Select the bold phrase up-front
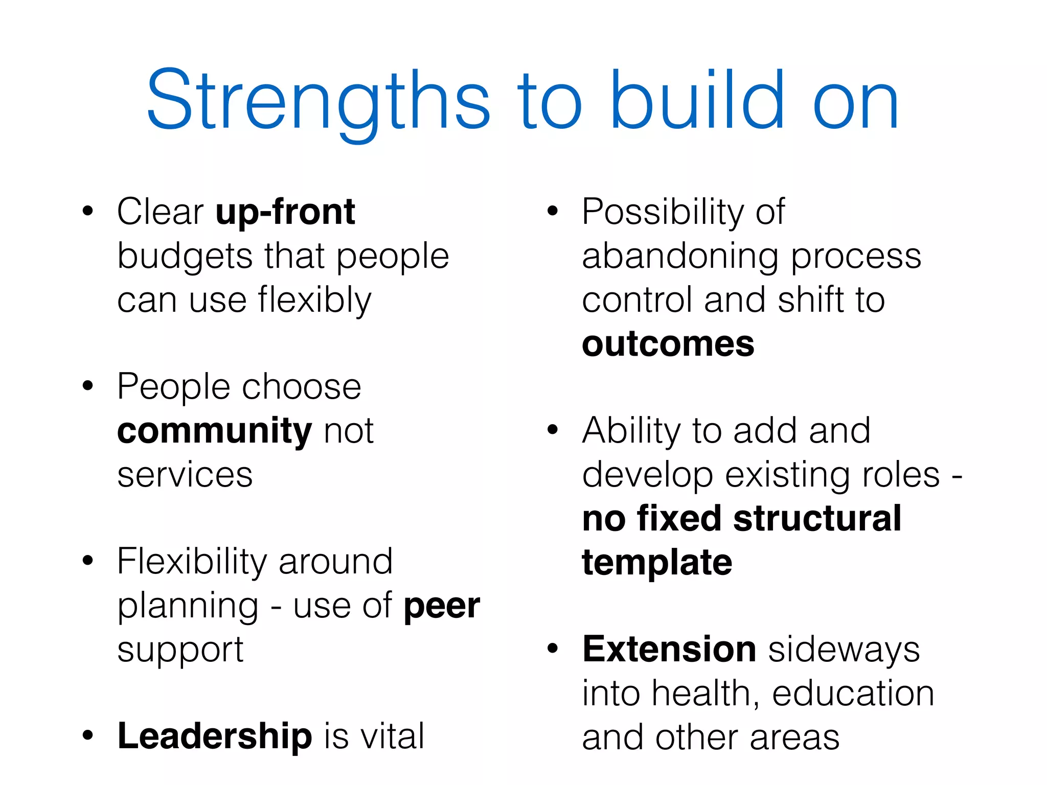pyautogui.click(x=285, y=212)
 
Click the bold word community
pyautogui.click(x=214, y=431)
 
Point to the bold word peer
pyautogui.click(x=442, y=606)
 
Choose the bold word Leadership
pyautogui.click(x=215, y=736)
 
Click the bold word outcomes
pyautogui.click(x=668, y=344)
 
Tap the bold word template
pyautogui.click(x=657, y=563)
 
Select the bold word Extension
pyautogui.click(x=669, y=650)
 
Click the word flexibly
pyautogui.click(x=314, y=300)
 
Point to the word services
pyautogui.click(x=185, y=475)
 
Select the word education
pyautogui.click(x=853, y=694)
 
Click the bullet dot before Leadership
pyautogui.click(x=88, y=735)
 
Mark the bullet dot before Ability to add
pyautogui.click(x=552, y=430)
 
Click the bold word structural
pyautogui.click(x=817, y=519)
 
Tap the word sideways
pyautogui.click(x=844, y=650)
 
